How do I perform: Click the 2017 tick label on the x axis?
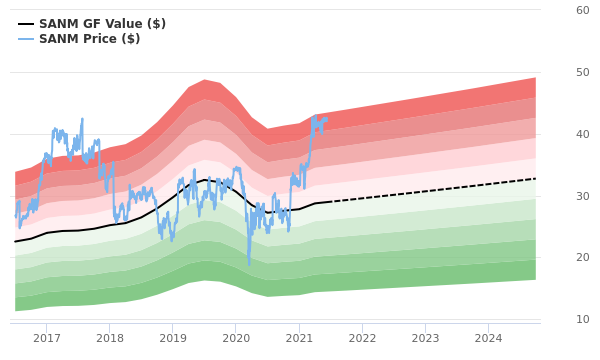click(x=47, y=339)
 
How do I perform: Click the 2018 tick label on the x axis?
click(x=110, y=339)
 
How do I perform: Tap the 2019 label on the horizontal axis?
click(x=173, y=339)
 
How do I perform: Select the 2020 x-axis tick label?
click(x=236, y=339)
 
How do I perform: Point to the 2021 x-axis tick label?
click(x=299, y=339)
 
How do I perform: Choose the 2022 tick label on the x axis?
click(x=362, y=339)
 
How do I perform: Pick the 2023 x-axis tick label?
click(x=425, y=339)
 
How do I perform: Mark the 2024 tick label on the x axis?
click(x=488, y=339)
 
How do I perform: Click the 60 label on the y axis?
click(x=582, y=10)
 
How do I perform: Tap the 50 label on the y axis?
click(x=582, y=72)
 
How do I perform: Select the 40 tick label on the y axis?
click(x=582, y=134)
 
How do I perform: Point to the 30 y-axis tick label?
click(x=582, y=196)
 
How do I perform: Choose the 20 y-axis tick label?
click(x=582, y=258)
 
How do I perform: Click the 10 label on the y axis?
click(x=582, y=319)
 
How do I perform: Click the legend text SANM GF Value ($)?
click(x=102, y=24)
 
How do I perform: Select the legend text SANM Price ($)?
click(x=89, y=39)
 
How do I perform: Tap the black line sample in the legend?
click(x=26, y=24)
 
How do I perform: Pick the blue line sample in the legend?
click(x=26, y=39)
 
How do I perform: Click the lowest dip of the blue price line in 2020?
click(x=249, y=265)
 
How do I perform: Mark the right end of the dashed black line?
click(x=536, y=179)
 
